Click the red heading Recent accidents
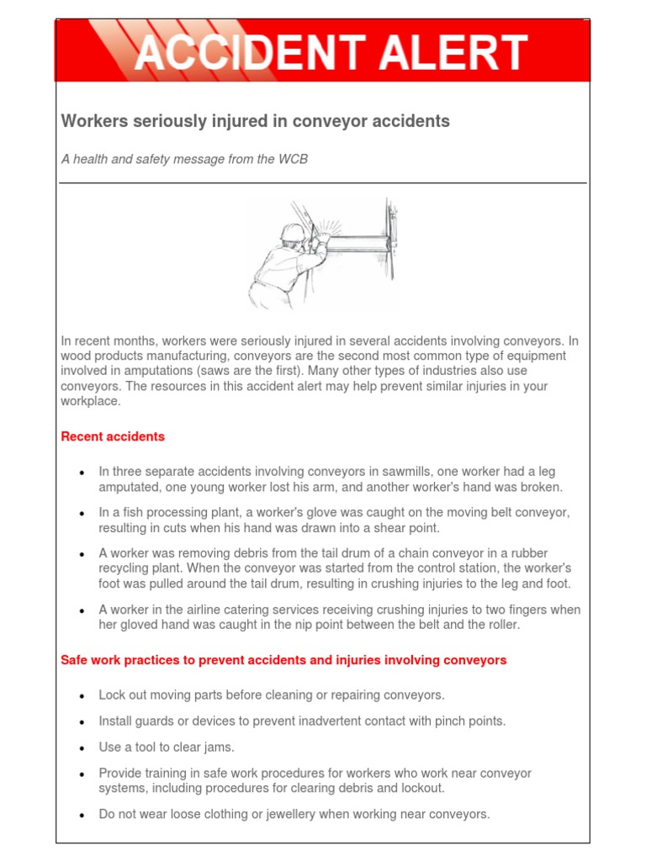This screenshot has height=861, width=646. coord(113,436)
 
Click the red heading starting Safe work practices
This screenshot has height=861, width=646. coord(283,660)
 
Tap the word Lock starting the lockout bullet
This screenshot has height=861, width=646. coord(113,695)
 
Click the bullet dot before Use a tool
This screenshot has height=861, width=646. coord(82,747)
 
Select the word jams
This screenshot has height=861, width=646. coord(218,747)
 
